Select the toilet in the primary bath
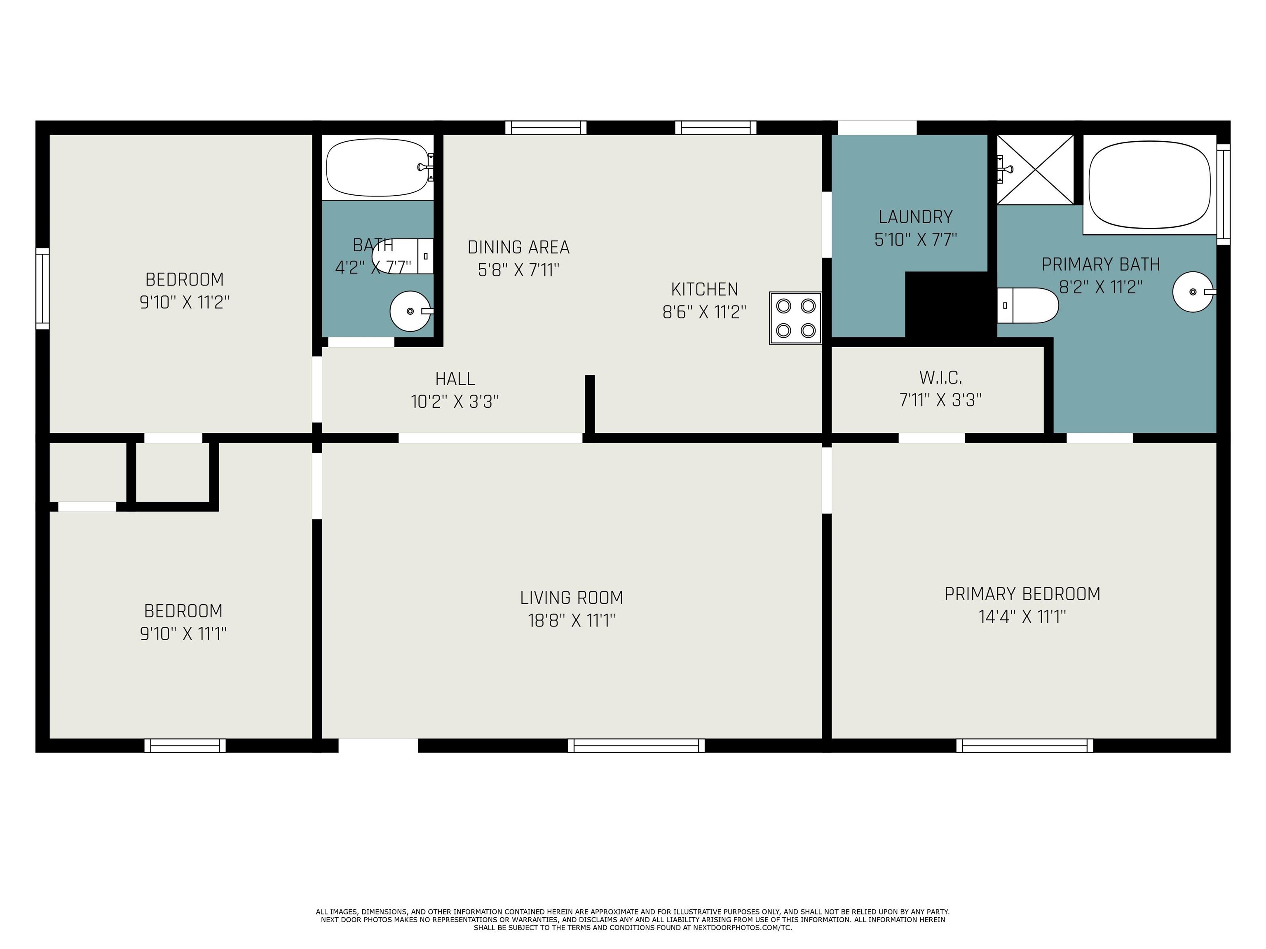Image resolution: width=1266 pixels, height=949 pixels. pos(1028,306)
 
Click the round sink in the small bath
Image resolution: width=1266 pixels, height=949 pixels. pos(410,311)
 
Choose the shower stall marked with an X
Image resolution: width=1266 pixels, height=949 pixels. pos(1035,169)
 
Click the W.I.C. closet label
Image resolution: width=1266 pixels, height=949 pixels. pos(940,378)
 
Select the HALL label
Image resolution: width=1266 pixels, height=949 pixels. pos(455,379)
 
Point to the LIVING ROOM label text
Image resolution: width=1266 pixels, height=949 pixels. pos(571,598)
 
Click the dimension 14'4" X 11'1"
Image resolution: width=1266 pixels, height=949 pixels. pos(1022,617)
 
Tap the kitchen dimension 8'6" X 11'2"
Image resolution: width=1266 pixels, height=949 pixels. pos(705,312)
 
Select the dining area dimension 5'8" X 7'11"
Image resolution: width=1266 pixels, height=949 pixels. pos(518,269)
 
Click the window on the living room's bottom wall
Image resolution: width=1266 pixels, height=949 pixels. pos(636,746)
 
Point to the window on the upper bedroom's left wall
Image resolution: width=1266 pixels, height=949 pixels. pos(42,288)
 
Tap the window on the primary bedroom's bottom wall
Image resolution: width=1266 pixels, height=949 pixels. pos(1025,746)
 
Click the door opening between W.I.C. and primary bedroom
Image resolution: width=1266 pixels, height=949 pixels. pos(931,438)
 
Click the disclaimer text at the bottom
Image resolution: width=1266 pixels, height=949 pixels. pos(633,920)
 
